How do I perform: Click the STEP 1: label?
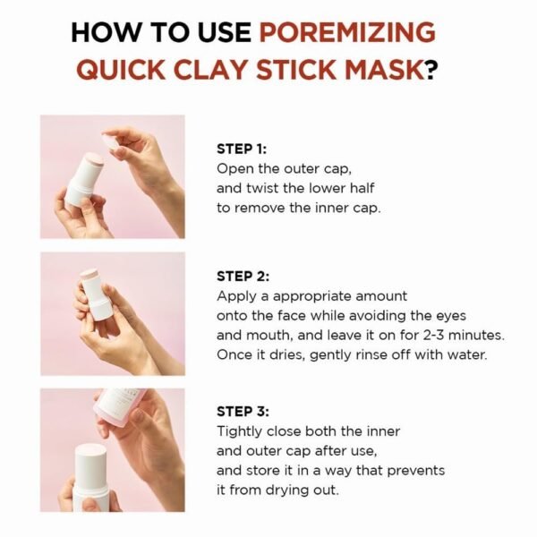pos(242,149)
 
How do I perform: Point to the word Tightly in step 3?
pos(239,431)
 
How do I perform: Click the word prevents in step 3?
pos(416,470)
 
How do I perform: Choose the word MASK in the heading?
pos(387,70)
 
